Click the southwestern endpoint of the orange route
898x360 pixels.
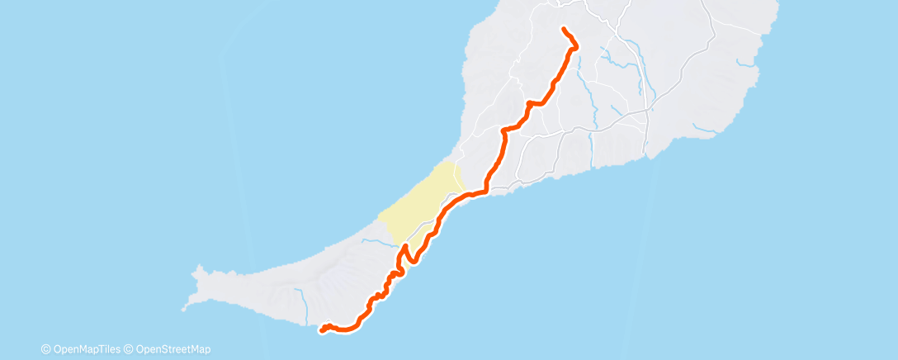pos(320,331)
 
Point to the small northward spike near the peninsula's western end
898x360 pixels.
pos(197,268)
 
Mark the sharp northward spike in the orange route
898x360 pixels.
pos(405,247)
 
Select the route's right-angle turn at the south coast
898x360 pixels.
pos(486,192)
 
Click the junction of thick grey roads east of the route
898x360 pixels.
pos(648,108)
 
